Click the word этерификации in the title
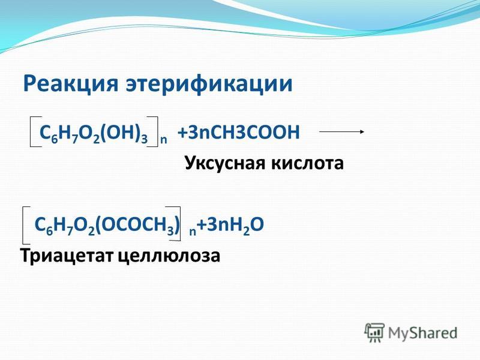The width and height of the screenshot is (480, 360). click(x=209, y=83)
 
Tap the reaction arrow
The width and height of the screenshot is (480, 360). click(x=341, y=131)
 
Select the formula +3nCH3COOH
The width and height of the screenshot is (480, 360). click(x=238, y=133)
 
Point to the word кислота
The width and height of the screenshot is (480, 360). click(x=307, y=163)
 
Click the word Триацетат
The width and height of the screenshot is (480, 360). click(x=67, y=256)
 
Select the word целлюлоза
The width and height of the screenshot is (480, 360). click(x=169, y=256)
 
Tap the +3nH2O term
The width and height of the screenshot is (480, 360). click(x=230, y=224)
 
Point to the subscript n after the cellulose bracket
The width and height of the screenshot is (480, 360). click(x=163, y=140)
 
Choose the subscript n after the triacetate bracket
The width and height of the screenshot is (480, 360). click(x=193, y=232)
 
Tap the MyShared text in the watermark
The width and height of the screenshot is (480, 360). click(x=422, y=333)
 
